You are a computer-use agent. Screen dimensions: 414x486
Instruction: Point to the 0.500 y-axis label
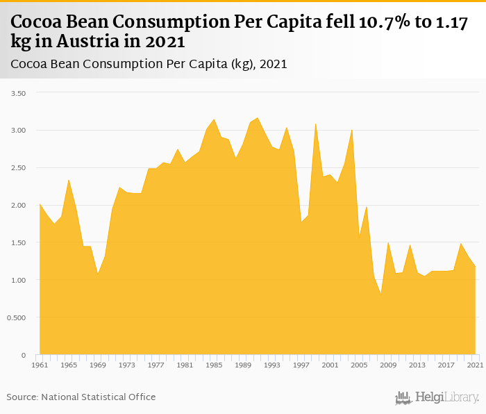click(14, 318)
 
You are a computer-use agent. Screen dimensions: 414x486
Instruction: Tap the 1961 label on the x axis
click(40, 365)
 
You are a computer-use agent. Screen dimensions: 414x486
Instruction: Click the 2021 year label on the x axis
click(476, 365)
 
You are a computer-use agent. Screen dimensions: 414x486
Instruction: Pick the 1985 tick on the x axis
click(214, 365)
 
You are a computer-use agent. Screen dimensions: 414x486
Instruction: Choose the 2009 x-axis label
click(389, 365)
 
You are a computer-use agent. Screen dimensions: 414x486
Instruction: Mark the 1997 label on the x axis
click(301, 365)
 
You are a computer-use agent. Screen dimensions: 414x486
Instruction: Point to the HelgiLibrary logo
click(437, 398)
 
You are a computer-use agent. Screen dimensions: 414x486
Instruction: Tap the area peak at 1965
click(69, 180)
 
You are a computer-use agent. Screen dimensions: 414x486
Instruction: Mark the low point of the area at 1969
click(98, 274)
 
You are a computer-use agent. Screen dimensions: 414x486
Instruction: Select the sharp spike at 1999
click(316, 124)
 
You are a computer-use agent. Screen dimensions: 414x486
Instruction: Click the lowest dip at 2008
click(381, 294)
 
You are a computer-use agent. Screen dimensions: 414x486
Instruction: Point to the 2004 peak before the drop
click(352, 130)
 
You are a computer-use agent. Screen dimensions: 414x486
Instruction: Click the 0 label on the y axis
click(23, 356)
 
